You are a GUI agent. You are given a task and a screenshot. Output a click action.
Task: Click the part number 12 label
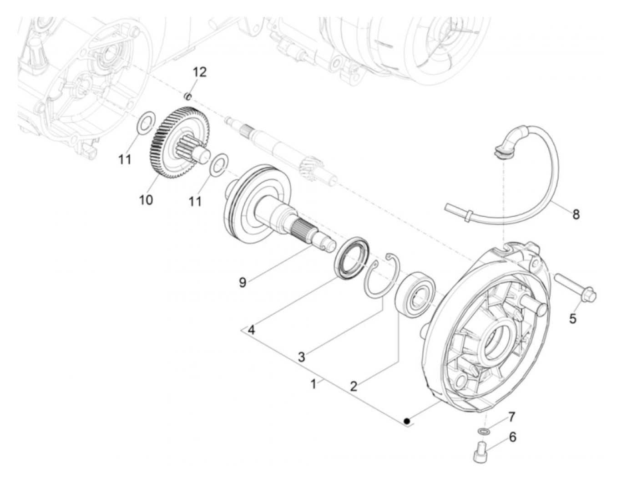pyautogui.click(x=199, y=72)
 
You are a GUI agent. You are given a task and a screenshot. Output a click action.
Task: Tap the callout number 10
pyautogui.click(x=146, y=199)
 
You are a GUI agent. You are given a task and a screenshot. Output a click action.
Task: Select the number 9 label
pyautogui.click(x=243, y=282)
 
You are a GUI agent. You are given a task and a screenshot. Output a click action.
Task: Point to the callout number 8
pyautogui.click(x=576, y=214)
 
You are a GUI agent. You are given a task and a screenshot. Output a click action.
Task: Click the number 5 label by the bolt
pyautogui.click(x=573, y=319)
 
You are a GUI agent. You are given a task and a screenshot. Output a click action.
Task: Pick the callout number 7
pyautogui.click(x=511, y=416)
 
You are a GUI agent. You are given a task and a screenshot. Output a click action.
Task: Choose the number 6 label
pyautogui.click(x=512, y=438)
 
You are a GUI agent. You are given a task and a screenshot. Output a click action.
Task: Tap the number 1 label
pyautogui.click(x=313, y=384)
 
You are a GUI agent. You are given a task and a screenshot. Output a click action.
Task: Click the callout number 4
pyautogui.click(x=251, y=330)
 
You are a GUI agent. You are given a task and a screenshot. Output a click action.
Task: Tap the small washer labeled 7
pyautogui.click(x=484, y=430)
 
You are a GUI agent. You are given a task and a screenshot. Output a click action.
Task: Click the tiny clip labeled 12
pyautogui.click(x=188, y=96)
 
